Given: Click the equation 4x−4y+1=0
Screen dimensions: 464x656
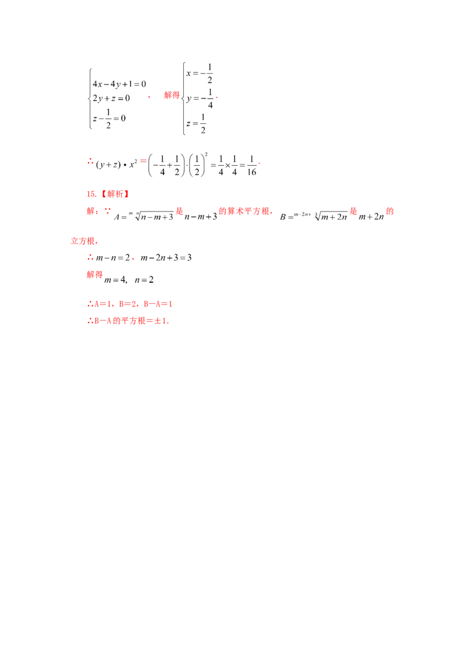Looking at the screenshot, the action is [x=119, y=84].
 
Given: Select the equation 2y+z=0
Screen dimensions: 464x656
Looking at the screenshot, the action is [x=111, y=99].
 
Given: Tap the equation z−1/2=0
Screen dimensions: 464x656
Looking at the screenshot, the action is [x=109, y=119].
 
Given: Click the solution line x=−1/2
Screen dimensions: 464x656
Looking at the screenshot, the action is [x=200, y=74].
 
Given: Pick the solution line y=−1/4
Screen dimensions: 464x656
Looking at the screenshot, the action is [x=200, y=99].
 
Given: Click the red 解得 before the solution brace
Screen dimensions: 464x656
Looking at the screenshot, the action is [x=172, y=95].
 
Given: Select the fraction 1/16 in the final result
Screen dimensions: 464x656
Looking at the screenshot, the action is [x=252, y=165].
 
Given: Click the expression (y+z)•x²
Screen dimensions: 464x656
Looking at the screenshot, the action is [x=117, y=164].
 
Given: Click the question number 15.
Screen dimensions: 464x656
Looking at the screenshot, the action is [x=91, y=194].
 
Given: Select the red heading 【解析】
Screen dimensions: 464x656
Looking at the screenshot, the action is [x=115, y=194].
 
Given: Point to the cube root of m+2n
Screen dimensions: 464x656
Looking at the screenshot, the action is [x=331, y=216].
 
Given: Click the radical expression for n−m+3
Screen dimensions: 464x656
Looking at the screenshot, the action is [x=154, y=216].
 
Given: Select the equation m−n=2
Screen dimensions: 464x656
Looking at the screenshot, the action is [x=113, y=258].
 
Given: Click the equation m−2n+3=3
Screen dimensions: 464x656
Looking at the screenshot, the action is [x=166, y=258].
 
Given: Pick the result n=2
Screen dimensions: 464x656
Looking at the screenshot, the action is [x=144, y=280].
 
